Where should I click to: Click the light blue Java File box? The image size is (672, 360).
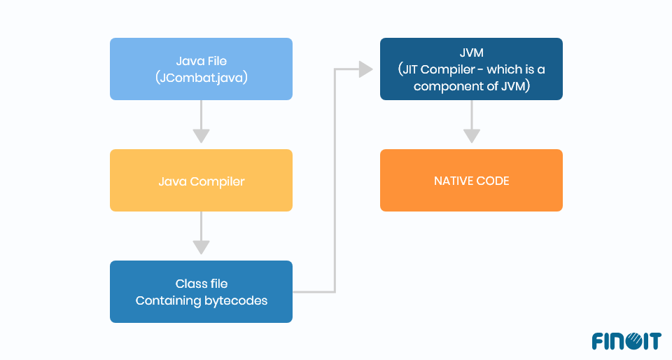(x=201, y=69)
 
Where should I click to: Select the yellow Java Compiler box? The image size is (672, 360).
(x=201, y=181)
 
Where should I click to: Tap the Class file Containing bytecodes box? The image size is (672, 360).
(x=201, y=292)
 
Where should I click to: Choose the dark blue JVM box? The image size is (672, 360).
(x=471, y=69)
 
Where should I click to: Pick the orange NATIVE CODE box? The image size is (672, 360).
(x=471, y=181)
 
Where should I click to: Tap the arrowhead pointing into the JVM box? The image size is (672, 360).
(x=365, y=69)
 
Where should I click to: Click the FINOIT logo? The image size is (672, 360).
(x=626, y=342)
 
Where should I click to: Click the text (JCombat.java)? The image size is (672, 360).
(x=202, y=78)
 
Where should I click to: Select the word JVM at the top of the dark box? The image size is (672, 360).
(x=471, y=53)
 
